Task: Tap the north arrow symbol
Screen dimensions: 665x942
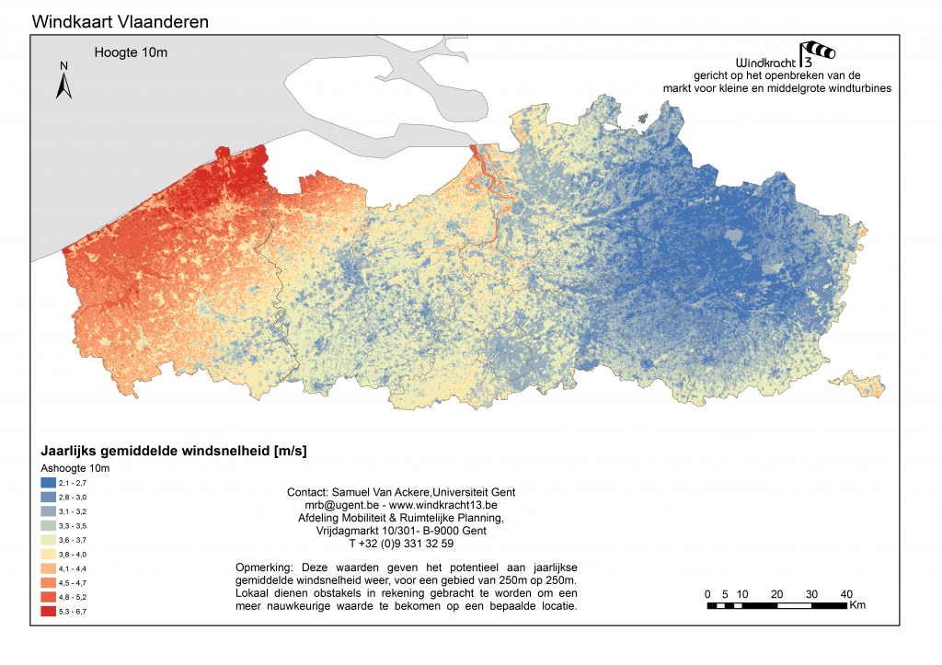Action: click(x=64, y=81)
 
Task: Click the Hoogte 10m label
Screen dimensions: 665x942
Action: click(x=131, y=52)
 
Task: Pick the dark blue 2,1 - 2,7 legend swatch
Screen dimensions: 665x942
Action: click(x=49, y=483)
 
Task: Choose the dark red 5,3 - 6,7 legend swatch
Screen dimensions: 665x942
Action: click(x=49, y=611)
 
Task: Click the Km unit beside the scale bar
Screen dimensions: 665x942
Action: click(x=857, y=605)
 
